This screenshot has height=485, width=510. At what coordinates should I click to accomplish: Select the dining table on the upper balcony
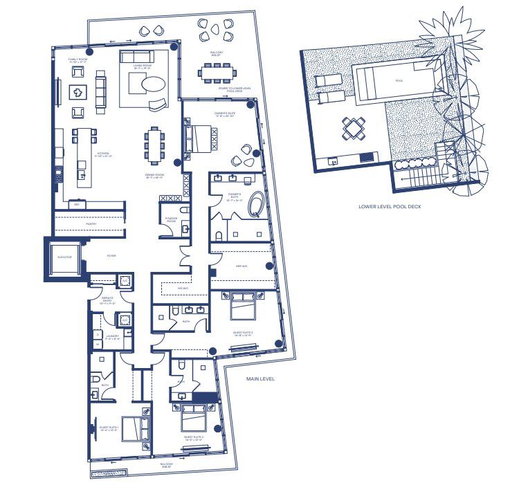tap(219, 71)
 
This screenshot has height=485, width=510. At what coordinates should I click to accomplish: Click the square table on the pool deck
tap(354, 128)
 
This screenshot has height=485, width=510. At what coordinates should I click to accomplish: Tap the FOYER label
tap(111, 256)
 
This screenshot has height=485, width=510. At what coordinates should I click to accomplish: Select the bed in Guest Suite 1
tap(136, 429)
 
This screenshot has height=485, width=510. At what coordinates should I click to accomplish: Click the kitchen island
tap(84, 156)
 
